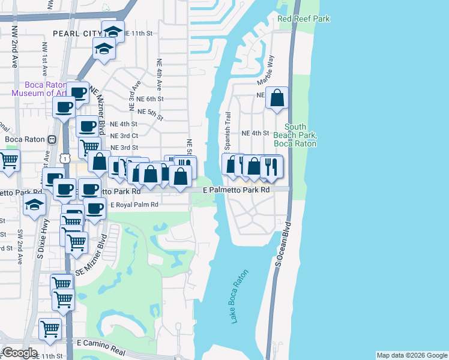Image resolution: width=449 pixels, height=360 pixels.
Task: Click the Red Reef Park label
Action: coord(304,19)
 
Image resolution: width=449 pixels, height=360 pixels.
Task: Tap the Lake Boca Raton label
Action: coord(240,296)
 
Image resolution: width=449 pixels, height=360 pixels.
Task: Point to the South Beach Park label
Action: coord(295,135)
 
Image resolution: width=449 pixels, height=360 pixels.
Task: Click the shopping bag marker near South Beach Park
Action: coord(277,98)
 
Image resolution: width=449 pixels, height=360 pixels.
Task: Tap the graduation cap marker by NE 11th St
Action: coord(113,31)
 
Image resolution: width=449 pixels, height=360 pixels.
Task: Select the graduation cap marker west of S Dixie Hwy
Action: coord(35,204)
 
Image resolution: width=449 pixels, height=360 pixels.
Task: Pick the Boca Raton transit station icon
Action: coord(52,139)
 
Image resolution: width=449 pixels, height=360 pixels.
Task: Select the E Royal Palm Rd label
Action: coord(134,205)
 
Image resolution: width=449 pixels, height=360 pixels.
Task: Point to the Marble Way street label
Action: coord(265,70)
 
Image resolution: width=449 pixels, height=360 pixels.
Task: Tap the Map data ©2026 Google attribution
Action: coord(412,355)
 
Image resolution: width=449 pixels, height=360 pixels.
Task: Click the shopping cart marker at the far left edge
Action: coord(8,161)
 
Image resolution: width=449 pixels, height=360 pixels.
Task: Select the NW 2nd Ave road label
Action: coord(14,53)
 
